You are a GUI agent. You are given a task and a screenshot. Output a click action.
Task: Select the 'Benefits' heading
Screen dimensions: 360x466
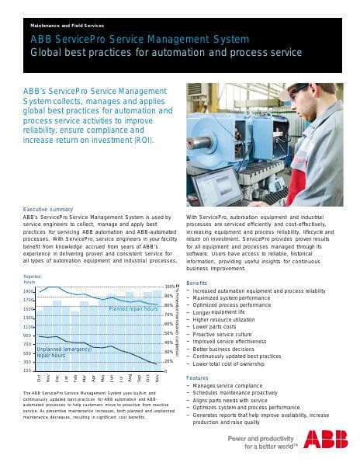[x=197, y=283]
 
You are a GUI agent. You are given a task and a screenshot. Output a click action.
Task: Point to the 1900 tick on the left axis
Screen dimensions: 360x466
[x=28, y=291]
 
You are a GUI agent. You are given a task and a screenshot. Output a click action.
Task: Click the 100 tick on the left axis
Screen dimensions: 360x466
[x=28, y=370]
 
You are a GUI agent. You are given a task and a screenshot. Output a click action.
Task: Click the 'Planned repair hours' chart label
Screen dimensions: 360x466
[x=133, y=309]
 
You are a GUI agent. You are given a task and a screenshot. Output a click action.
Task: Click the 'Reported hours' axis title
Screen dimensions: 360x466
[x=32, y=279]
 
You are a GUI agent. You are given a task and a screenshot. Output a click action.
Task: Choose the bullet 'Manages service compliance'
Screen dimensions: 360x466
[x=232, y=386]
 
